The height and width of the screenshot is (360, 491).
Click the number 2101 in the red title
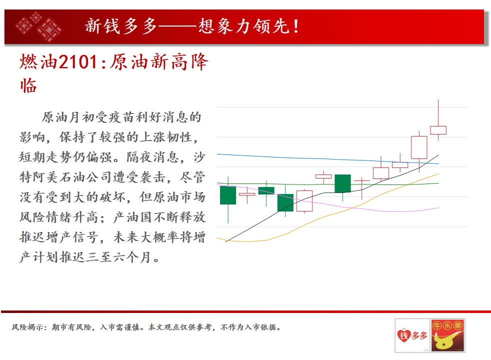(78, 61)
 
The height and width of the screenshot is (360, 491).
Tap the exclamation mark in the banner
(296, 26)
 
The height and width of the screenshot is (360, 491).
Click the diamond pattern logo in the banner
(38, 26)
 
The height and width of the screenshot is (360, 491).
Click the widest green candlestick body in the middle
(342, 183)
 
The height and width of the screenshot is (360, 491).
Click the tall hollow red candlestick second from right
(419, 147)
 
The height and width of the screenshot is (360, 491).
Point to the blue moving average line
(328, 158)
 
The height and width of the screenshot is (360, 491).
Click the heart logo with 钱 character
(403, 335)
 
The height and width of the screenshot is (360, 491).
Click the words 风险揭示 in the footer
(27, 327)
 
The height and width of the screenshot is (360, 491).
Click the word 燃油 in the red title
(38, 61)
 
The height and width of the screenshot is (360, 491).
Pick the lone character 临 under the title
(28, 85)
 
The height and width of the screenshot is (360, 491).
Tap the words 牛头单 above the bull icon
(447, 325)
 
